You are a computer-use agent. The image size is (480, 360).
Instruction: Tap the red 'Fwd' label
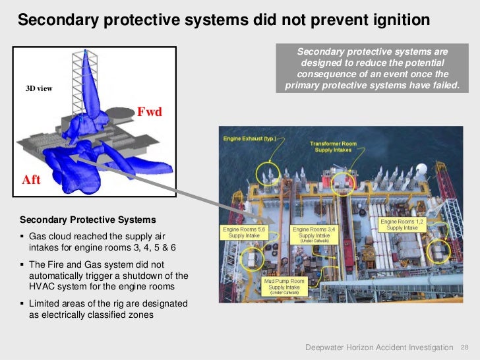(149, 112)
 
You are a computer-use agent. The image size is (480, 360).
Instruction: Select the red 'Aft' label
(31, 179)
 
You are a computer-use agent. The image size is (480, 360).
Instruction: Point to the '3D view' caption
(39, 88)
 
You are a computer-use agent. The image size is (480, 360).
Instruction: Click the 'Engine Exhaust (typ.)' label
(249, 139)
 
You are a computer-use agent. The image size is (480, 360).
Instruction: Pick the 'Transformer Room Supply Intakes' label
(332, 146)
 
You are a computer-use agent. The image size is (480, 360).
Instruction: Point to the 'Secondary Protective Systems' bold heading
(88, 220)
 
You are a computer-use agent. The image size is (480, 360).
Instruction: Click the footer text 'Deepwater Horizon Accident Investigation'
(380, 347)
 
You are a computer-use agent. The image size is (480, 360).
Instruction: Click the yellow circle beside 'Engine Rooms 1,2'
(440, 249)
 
